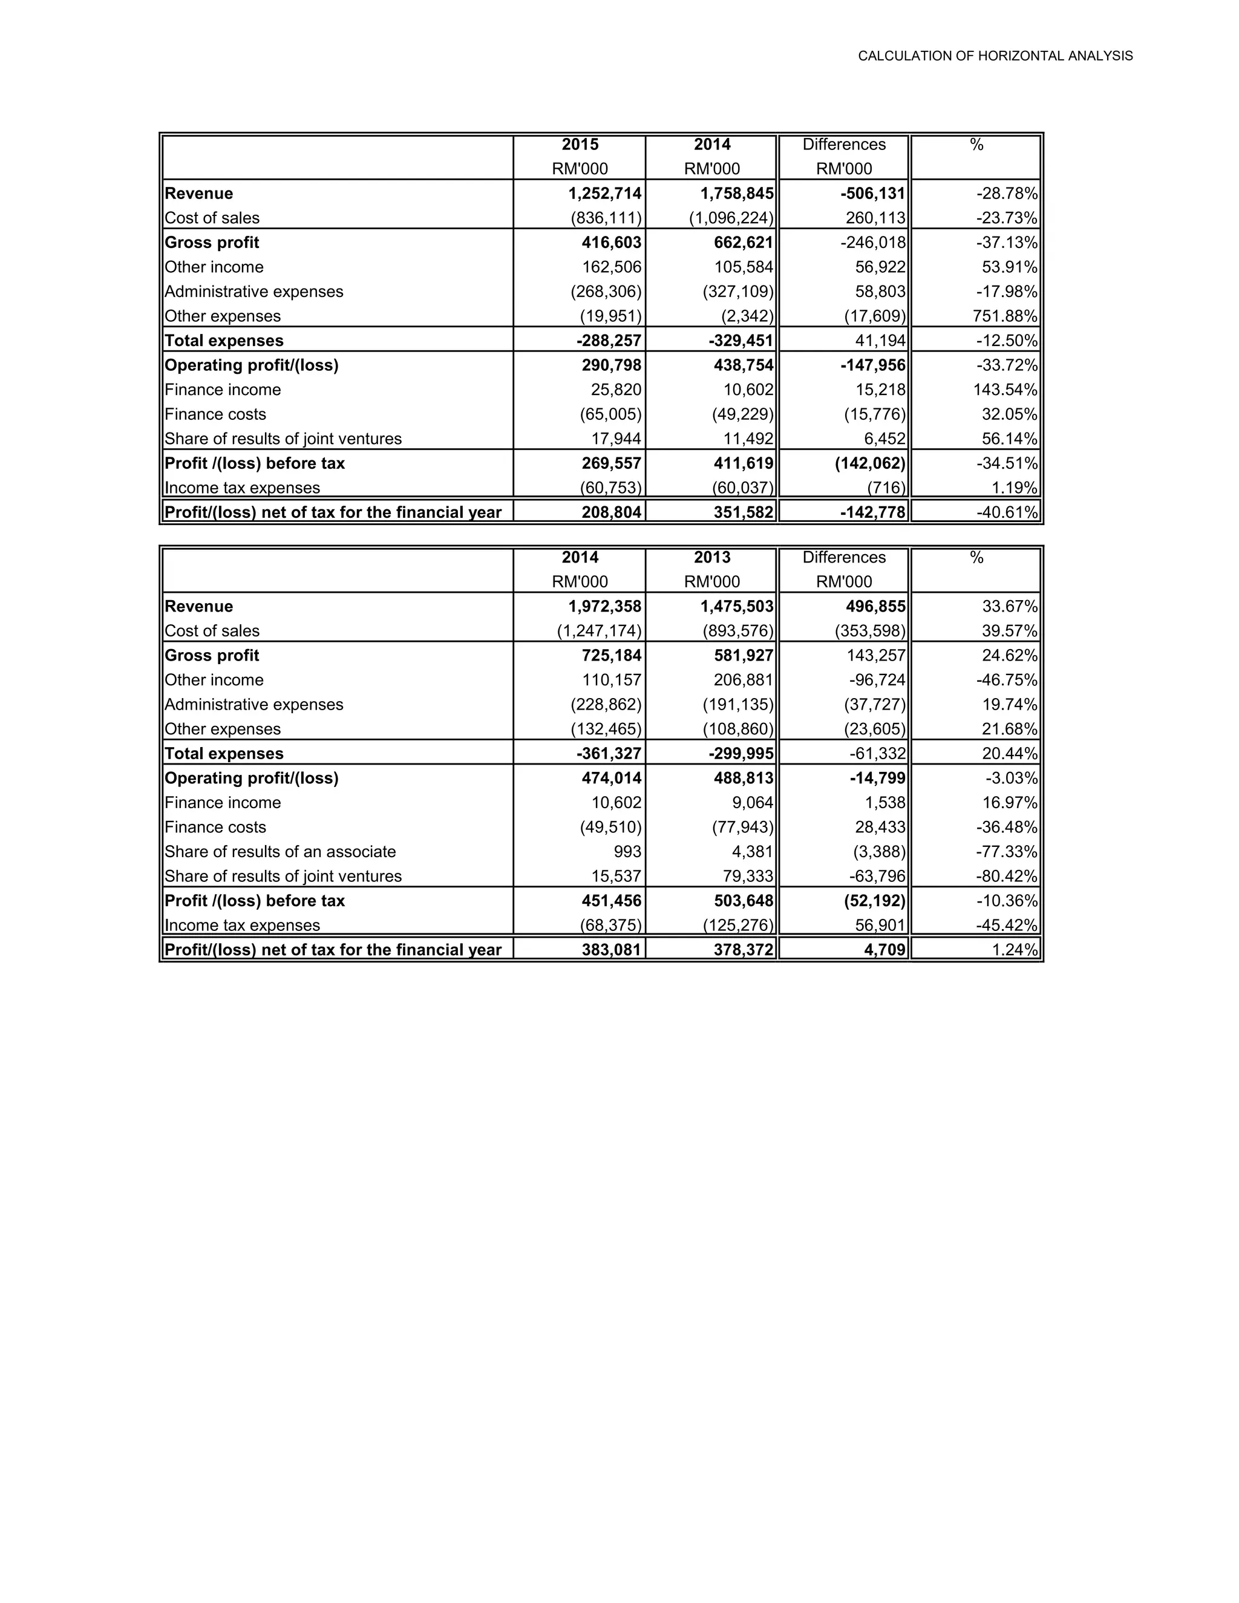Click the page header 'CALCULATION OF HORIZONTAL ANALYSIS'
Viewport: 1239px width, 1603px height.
click(995, 56)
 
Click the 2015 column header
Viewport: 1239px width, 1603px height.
click(580, 145)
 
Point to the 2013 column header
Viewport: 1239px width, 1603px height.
click(711, 557)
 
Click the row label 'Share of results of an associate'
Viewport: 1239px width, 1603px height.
click(280, 852)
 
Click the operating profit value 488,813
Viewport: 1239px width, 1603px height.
click(743, 778)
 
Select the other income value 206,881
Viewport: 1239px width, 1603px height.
click(743, 680)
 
